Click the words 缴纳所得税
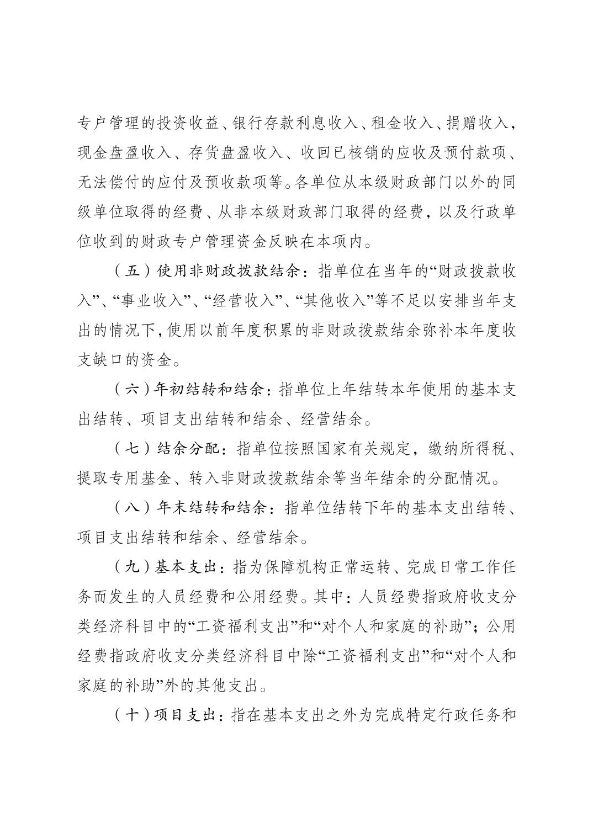coord(467,448)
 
